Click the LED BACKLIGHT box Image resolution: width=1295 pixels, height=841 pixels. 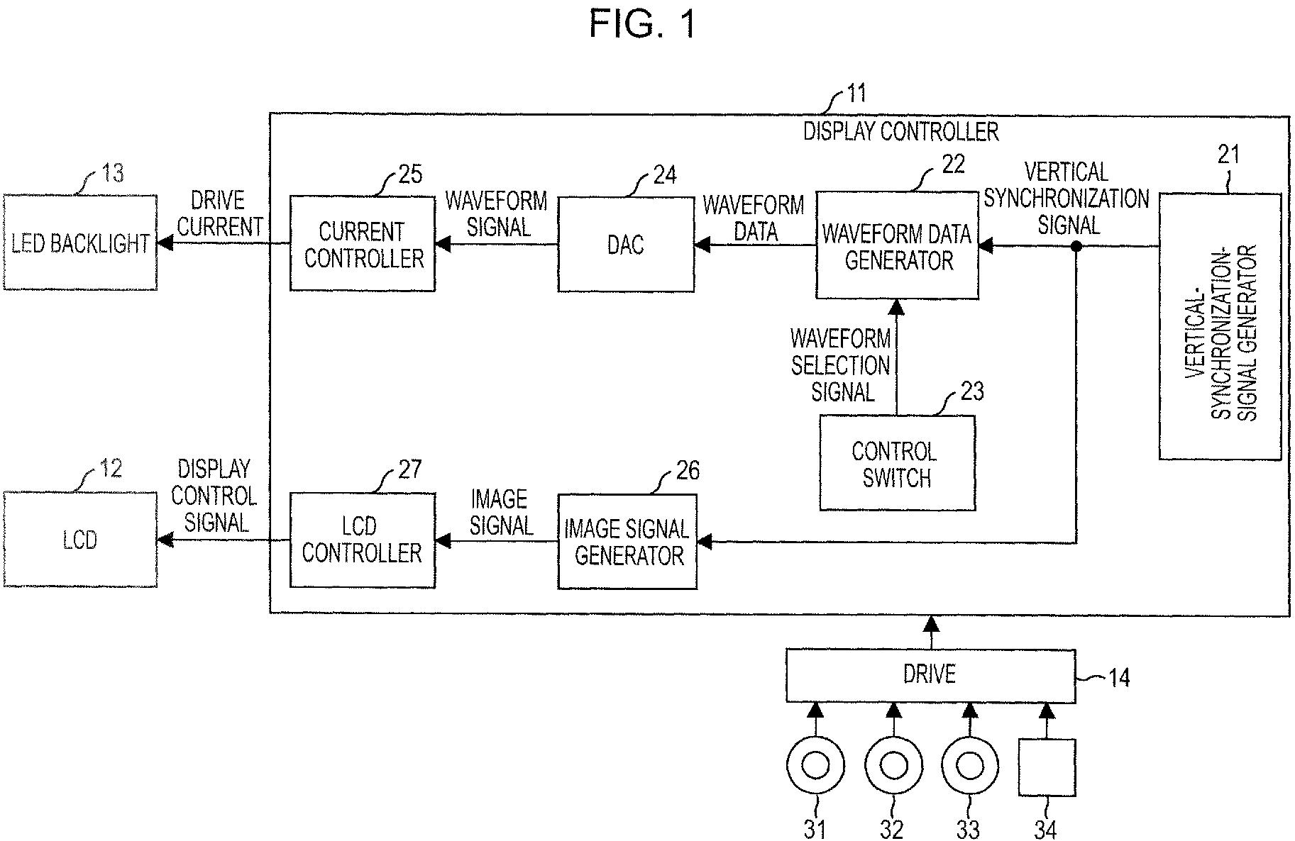pos(80,243)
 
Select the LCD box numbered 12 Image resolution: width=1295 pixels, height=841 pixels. pos(80,540)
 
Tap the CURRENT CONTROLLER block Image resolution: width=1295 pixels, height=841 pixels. pos(363,244)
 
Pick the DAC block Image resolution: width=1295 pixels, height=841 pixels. pos(626,245)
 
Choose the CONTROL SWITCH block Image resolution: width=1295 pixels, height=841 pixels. pos(897,463)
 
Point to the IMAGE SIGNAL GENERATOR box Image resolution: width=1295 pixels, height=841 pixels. pos(627,542)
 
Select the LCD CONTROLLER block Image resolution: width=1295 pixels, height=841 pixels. pos(363,540)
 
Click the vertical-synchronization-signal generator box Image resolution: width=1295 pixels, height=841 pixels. pos(1220,326)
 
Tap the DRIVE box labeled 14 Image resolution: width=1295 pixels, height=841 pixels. pos(930,674)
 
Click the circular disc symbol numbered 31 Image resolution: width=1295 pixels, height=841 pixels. pos(815,767)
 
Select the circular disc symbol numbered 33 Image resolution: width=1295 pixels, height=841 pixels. pos(969,767)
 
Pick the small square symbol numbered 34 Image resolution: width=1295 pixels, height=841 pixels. pos(1047,767)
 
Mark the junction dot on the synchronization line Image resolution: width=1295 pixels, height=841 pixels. pos(1076,246)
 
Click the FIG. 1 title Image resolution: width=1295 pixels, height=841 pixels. pos(643,24)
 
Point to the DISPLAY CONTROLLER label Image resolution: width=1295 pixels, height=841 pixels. pos(900,131)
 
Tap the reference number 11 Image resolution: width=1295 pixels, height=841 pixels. pos(856,95)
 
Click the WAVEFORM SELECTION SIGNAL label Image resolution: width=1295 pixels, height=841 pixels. pos(841,365)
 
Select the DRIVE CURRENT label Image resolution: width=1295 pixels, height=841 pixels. pos(220,213)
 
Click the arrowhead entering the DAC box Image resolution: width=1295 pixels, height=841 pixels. pos(702,245)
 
